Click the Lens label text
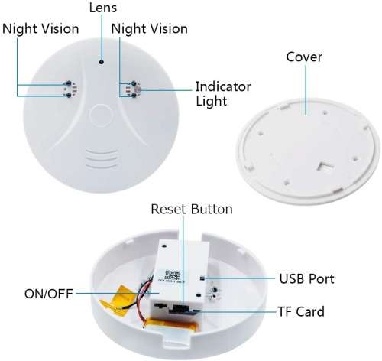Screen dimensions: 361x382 click(102, 9)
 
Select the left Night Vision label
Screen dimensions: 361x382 click(40, 29)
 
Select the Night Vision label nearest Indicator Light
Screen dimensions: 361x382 click(150, 29)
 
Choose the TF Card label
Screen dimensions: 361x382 click(299, 311)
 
